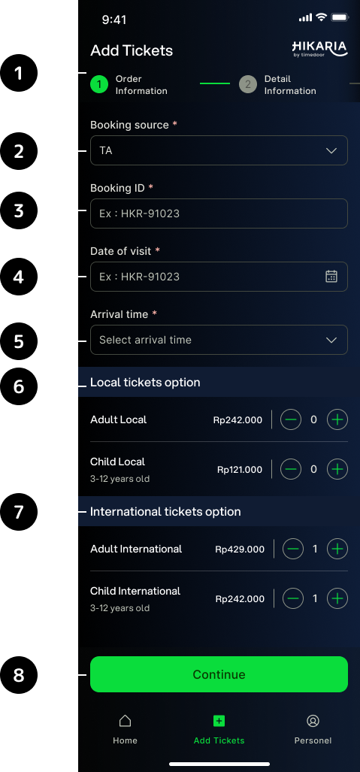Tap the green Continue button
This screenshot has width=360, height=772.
(219, 674)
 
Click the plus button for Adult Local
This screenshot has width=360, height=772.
(337, 419)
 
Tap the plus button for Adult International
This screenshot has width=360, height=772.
(337, 549)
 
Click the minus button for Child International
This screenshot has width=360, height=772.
(293, 598)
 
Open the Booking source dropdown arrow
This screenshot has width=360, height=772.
(331, 150)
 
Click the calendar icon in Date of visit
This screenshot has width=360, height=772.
(331, 276)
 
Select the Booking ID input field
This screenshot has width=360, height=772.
(219, 213)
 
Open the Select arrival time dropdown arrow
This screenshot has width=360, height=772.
(331, 340)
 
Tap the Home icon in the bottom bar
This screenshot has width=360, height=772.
(125, 721)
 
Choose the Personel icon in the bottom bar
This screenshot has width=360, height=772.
(313, 721)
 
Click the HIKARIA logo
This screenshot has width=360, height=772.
(319, 49)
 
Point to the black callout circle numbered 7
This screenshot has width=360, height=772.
(19, 512)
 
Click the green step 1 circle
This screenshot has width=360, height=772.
(99, 85)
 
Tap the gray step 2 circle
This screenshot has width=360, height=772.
(248, 85)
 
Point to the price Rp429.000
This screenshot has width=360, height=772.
(240, 549)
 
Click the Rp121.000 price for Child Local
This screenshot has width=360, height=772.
(240, 470)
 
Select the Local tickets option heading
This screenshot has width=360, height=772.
(145, 383)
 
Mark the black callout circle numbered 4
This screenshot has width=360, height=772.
(19, 277)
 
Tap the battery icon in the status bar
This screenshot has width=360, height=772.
(340, 18)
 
